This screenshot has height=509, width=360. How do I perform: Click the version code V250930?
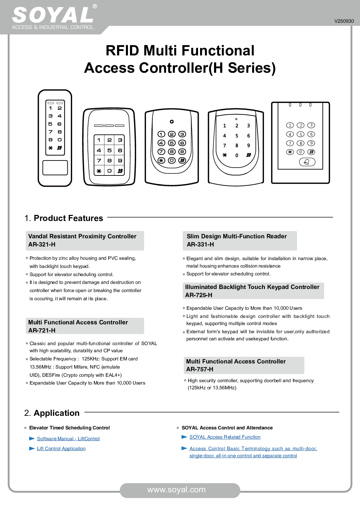(x=344, y=21)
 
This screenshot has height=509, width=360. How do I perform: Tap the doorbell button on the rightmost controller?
(x=307, y=162)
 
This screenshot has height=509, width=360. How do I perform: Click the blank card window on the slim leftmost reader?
(x=55, y=168)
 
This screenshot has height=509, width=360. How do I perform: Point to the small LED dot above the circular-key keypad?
(x=172, y=122)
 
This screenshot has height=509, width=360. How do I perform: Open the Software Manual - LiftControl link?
(x=68, y=439)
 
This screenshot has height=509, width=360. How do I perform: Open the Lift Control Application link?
(x=61, y=448)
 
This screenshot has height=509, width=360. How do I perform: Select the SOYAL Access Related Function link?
(x=225, y=437)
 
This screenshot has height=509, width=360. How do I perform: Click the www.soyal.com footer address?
(x=176, y=490)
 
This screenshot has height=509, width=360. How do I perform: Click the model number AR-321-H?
(x=42, y=244)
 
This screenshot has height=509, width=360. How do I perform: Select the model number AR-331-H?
(x=200, y=244)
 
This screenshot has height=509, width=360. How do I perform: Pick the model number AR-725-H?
(x=199, y=295)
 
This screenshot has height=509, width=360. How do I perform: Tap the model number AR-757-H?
(x=200, y=369)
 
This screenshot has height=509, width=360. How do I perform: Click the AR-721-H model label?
(x=42, y=330)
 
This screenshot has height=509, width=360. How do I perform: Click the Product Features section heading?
(x=68, y=218)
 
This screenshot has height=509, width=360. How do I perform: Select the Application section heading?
(x=56, y=413)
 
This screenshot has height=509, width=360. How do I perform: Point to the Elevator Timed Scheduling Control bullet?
(x=69, y=428)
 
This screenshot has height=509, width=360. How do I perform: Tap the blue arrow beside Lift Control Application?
(x=32, y=448)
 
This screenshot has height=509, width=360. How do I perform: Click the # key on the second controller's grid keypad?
(x=120, y=171)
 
